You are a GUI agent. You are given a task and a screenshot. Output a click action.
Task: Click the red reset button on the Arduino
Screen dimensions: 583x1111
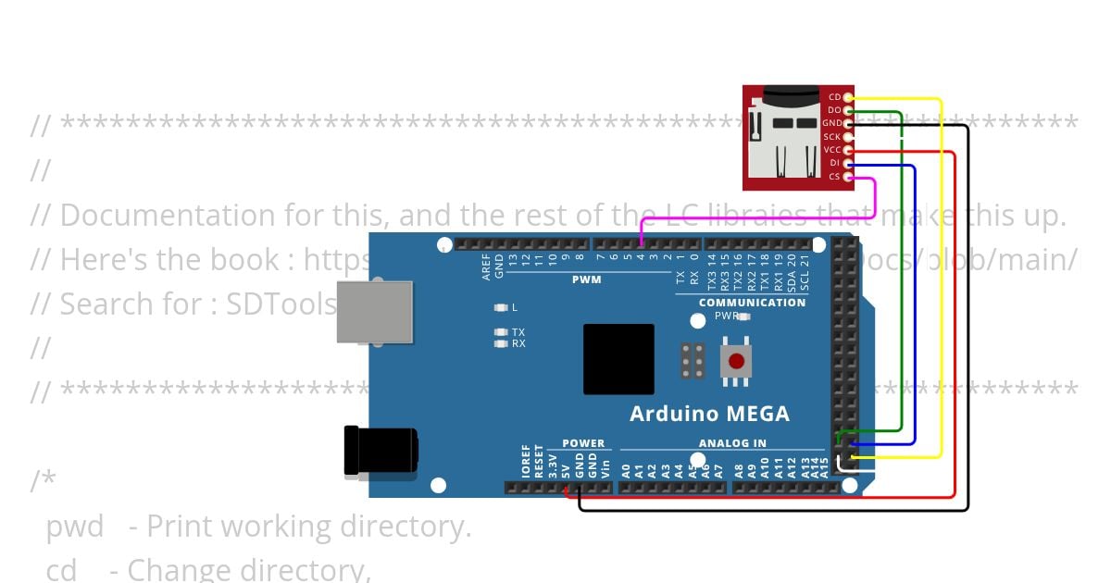click(736, 361)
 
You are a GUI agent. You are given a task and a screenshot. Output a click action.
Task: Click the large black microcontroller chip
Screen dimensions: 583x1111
click(618, 359)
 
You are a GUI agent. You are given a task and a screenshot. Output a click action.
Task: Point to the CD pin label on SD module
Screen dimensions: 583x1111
click(834, 97)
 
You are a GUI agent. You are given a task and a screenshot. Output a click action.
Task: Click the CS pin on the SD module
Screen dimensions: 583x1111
click(847, 176)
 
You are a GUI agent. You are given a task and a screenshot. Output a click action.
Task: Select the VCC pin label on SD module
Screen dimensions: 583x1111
click(832, 150)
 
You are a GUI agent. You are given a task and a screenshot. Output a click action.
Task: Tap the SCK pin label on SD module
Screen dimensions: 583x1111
click(832, 137)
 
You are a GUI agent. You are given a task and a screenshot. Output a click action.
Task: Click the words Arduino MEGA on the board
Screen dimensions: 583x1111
click(709, 414)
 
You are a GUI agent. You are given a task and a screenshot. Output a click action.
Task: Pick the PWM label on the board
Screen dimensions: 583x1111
click(586, 279)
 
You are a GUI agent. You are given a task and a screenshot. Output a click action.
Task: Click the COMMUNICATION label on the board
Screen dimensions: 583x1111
click(752, 303)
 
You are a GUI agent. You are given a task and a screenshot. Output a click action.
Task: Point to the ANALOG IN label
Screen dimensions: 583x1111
click(732, 443)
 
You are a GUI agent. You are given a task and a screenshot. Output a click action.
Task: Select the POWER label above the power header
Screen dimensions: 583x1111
click(583, 443)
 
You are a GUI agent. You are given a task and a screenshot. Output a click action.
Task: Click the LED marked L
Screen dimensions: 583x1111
click(501, 307)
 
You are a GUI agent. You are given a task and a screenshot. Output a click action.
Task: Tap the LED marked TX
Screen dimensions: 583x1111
click(501, 331)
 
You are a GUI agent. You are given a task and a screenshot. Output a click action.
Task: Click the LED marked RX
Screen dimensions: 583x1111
click(501, 343)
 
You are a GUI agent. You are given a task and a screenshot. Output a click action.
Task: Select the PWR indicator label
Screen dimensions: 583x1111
click(726, 316)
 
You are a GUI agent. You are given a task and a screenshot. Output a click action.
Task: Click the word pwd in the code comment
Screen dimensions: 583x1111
click(74, 527)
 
